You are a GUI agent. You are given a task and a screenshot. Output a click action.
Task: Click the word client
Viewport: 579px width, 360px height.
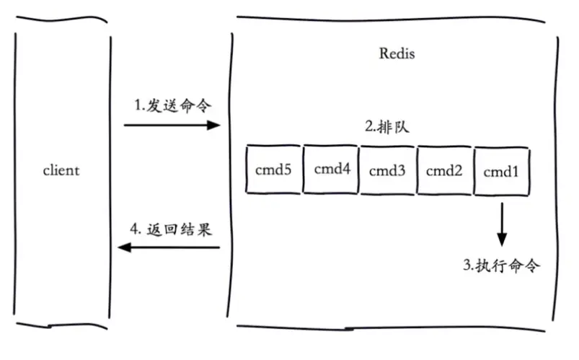point(61,172)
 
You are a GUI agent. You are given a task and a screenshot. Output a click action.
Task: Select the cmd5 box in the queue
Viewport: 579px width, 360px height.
point(273,170)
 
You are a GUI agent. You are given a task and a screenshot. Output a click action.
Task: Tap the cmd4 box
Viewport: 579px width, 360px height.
point(331,170)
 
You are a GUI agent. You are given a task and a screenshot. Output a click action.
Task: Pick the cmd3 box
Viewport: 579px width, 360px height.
point(387,171)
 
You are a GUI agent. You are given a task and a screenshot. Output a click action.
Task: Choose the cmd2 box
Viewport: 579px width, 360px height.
point(443,171)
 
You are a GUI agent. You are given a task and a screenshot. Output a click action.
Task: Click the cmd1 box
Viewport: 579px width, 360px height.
point(501,172)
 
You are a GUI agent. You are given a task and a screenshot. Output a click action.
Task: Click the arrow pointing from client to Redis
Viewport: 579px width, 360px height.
point(172,126)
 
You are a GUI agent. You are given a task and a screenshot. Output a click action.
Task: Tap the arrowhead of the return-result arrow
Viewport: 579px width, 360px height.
point(124,248)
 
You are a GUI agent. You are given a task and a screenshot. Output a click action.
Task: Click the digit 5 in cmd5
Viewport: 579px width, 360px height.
point(287,170)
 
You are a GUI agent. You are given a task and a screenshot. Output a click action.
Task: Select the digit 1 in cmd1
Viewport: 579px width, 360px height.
point(516,172)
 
